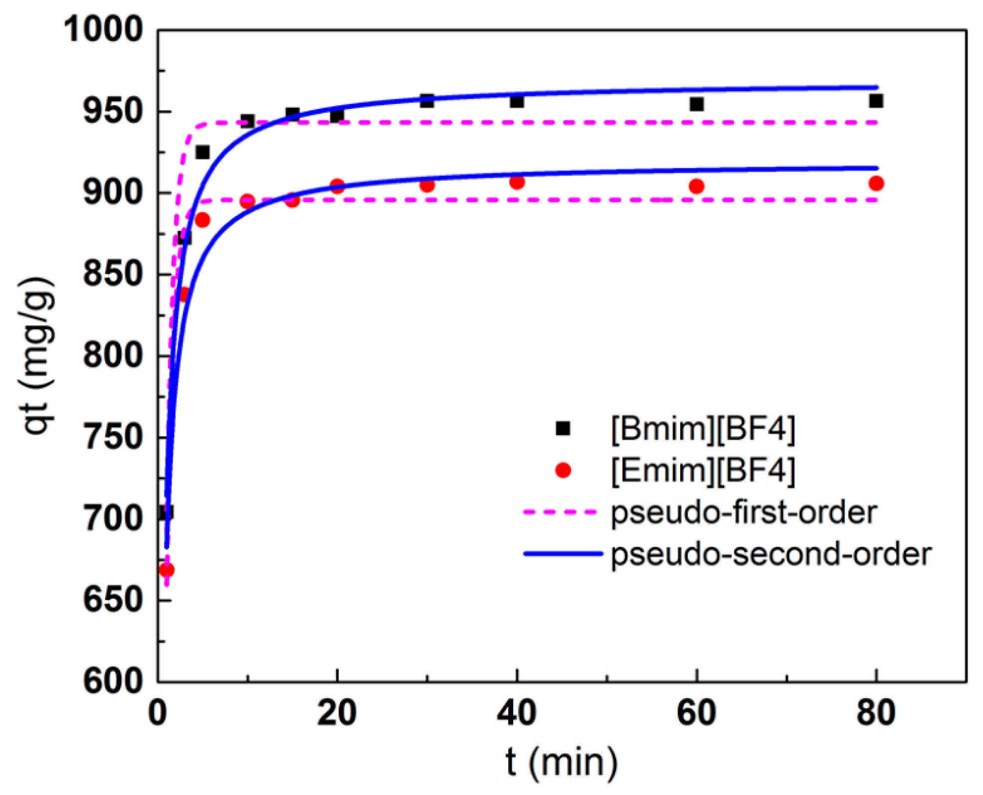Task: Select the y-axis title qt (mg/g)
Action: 37,355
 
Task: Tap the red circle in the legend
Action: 563,470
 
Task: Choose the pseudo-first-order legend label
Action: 744,513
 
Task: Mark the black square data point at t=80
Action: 876,101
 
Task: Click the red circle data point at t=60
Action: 696,187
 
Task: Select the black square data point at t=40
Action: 517,102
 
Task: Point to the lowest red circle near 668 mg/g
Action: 167,570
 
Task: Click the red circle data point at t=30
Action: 427,185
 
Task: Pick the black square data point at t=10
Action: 247,121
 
